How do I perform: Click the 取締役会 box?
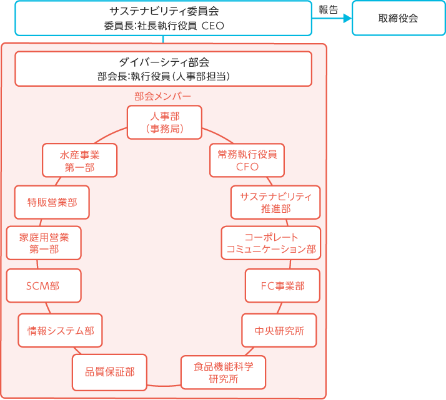(398, 18)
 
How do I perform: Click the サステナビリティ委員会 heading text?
(163, 11)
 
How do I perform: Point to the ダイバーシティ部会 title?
(163, 62)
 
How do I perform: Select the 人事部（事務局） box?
(164, 122)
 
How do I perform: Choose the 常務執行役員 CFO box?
(247, 160)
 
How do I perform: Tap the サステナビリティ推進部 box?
(275, 202)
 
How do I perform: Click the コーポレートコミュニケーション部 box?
(270, 243)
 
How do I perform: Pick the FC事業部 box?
(282, 286)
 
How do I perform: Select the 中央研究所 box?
(279, 330)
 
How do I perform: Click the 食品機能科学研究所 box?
(223, 372)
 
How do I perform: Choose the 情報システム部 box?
(60, 330)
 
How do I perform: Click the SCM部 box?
(43, 286)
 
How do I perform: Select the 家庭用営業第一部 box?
(44, 243)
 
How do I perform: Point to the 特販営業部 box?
(52, 202)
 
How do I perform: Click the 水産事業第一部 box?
(79, 160)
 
